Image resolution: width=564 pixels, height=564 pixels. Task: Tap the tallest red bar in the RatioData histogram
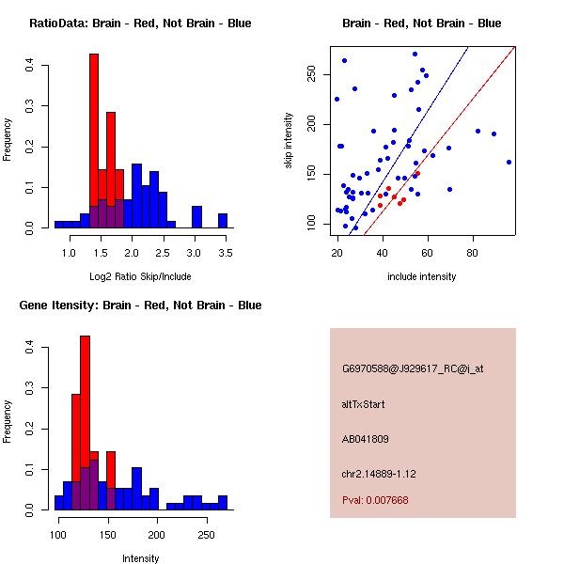(x=94, y=141)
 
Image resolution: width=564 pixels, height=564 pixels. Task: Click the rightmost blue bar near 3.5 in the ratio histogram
(x=223, y=221)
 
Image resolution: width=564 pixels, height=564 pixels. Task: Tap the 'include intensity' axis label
(x=423, y=276)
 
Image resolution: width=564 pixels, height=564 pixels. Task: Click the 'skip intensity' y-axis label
(x=289, y=141)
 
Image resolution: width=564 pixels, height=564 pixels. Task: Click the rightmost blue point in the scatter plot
(x=509, y=162)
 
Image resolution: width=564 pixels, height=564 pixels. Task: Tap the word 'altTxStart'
(x=364, y=404)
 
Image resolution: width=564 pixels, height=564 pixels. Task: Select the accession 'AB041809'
(x=366, y=439)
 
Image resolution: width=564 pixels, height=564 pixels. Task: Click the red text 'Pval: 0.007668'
(x=375, y=500)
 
